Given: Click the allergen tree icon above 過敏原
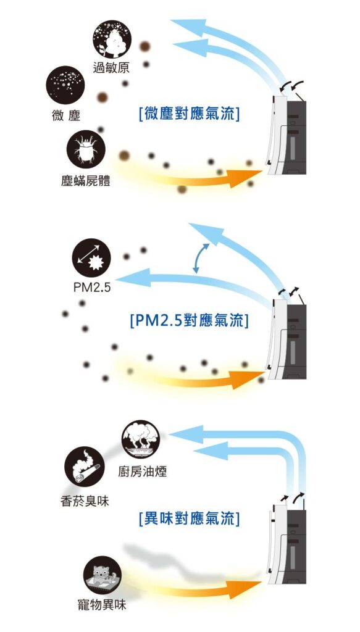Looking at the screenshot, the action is point(112,39).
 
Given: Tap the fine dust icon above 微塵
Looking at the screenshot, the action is point(65,85).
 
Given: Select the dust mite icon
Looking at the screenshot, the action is point(86,149).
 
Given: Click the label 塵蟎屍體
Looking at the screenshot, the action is point(85,181).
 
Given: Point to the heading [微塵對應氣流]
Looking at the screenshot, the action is point(189,114).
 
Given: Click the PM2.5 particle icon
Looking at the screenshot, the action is point(91,257).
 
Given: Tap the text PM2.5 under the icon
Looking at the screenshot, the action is point(91,288).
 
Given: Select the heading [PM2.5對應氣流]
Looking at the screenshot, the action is point(189,321).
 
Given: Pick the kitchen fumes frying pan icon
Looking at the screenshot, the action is point(141,439).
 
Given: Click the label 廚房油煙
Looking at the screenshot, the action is point(142,471).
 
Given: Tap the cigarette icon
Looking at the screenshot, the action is point(84,467).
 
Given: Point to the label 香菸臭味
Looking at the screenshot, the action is point(85,501).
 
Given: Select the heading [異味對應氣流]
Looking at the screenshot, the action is point(189,519).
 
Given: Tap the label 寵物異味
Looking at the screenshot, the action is point(102,605).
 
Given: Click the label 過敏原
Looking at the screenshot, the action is point(111,68).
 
